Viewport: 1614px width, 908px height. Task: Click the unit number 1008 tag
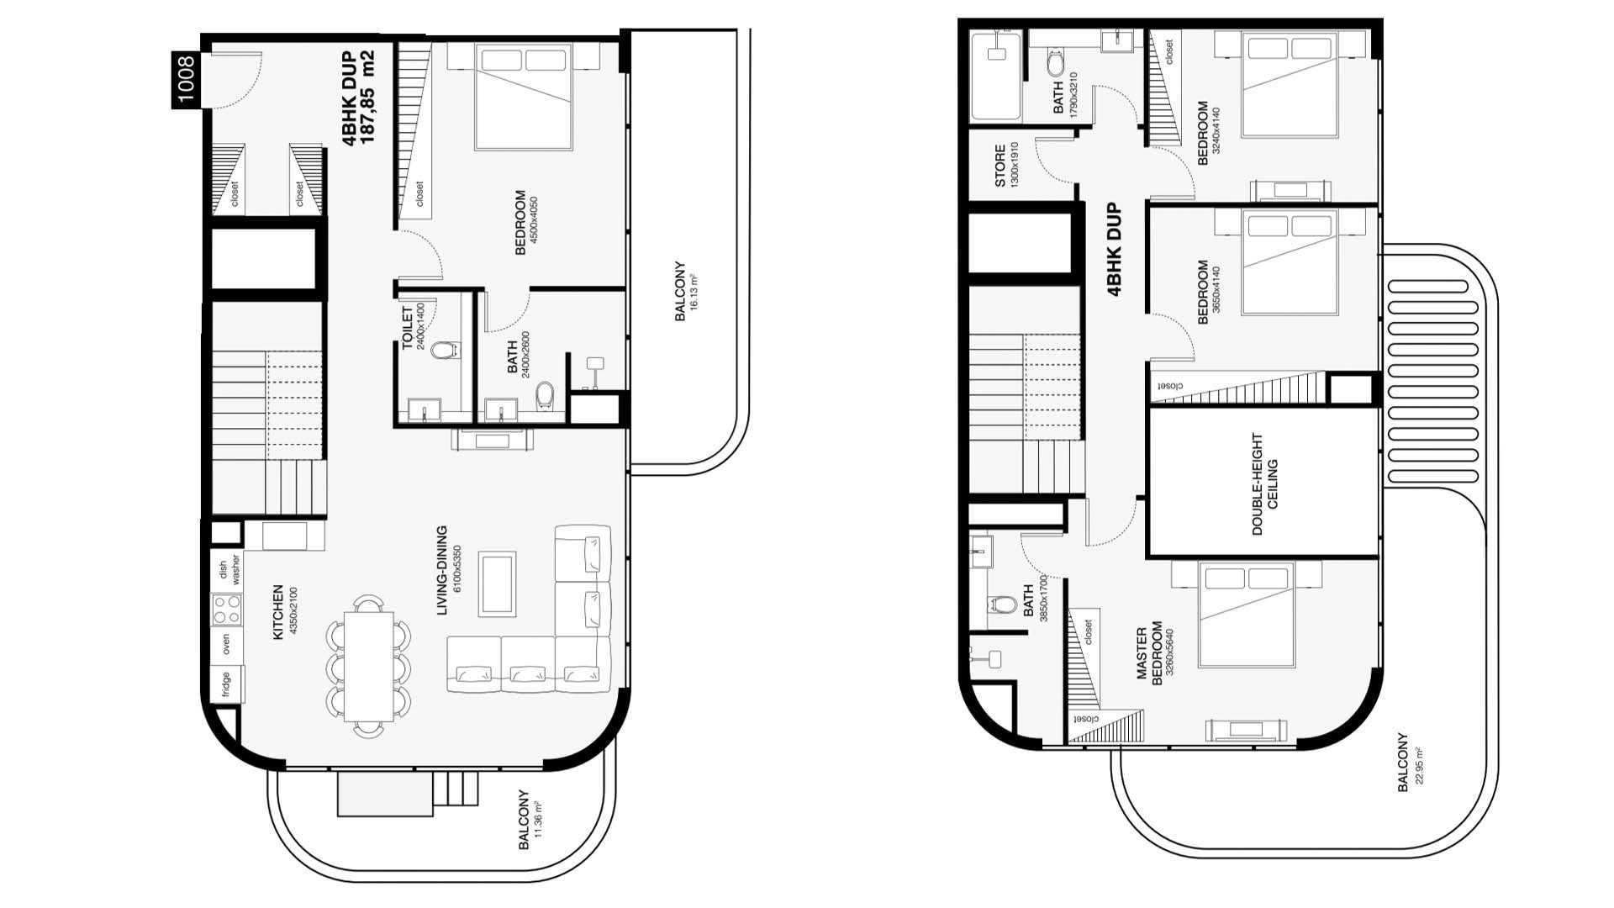coord(186,79)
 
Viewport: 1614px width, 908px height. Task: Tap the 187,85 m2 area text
coord(367,97)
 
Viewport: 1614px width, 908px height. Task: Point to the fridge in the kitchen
coord(226,683)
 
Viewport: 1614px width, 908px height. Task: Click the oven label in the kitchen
coord(226,645)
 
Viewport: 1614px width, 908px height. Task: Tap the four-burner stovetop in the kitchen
coord(226,610)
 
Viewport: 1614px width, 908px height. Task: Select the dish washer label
coord(229,569)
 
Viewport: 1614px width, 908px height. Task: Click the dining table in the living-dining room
coord(369,666)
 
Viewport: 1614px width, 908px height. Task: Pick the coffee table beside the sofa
coord(498,584)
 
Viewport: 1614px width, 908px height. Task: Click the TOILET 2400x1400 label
coord(414,327)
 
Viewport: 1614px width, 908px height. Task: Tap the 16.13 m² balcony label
coord(685,291)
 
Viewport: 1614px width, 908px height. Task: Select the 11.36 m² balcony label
coord(530,819)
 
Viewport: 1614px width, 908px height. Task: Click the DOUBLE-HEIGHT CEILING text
coord(1264,484)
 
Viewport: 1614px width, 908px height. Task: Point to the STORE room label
coord(1006,166)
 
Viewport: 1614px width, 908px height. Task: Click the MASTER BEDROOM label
coord(1149,655)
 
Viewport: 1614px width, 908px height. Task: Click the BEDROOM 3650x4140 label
coord(1209,292)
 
